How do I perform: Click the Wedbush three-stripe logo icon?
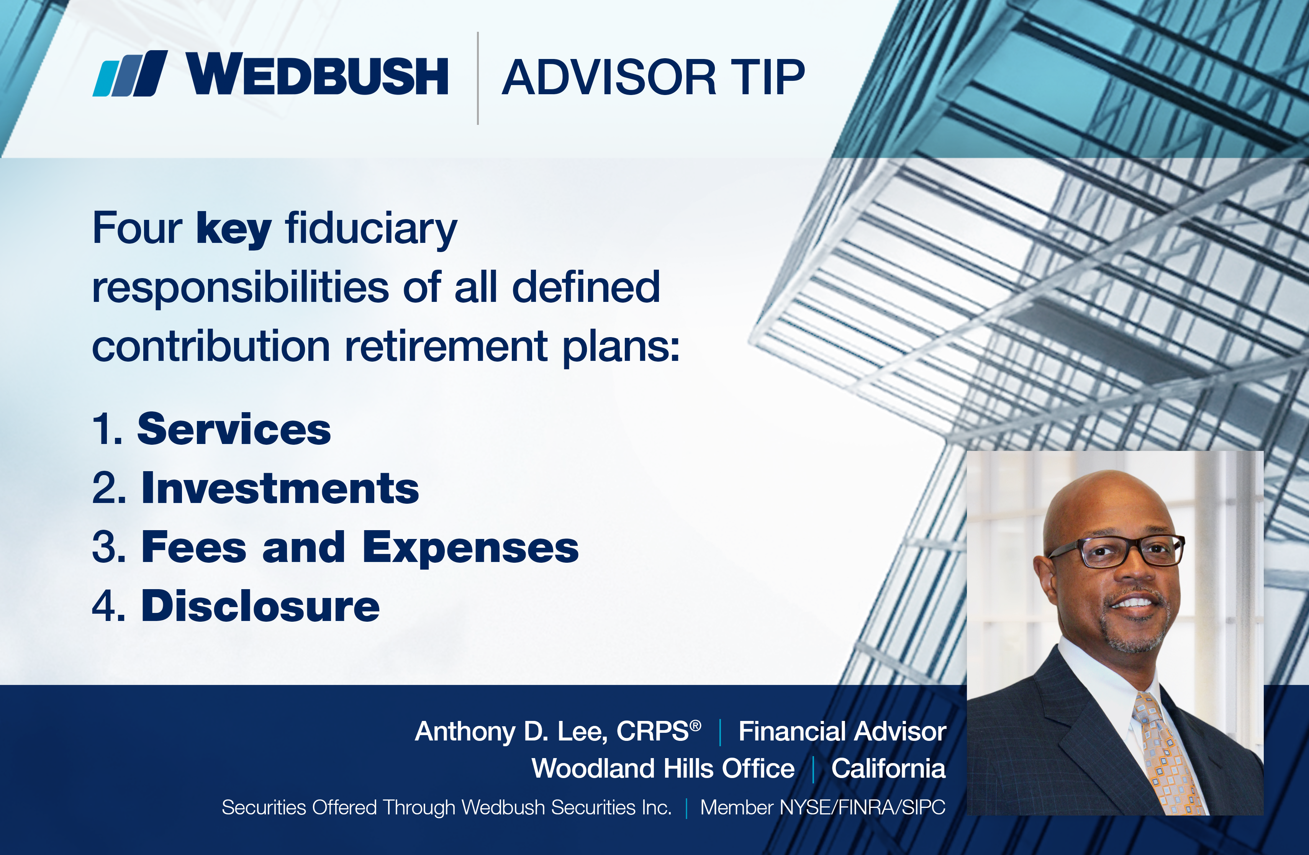click(x=130, y=74)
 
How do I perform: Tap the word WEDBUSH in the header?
click(x=317, y=74)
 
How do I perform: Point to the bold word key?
click(x=234, y=230)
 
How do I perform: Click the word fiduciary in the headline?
click(x=371, y=230)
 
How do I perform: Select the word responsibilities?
click(x=240, y=288)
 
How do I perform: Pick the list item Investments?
click(x=280, y=488)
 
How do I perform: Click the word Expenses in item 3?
click(x=470, y=549)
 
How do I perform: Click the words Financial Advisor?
click(x=842, y=731)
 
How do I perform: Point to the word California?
click(x=888, y=768)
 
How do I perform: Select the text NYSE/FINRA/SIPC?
click(x=863, y=807)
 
